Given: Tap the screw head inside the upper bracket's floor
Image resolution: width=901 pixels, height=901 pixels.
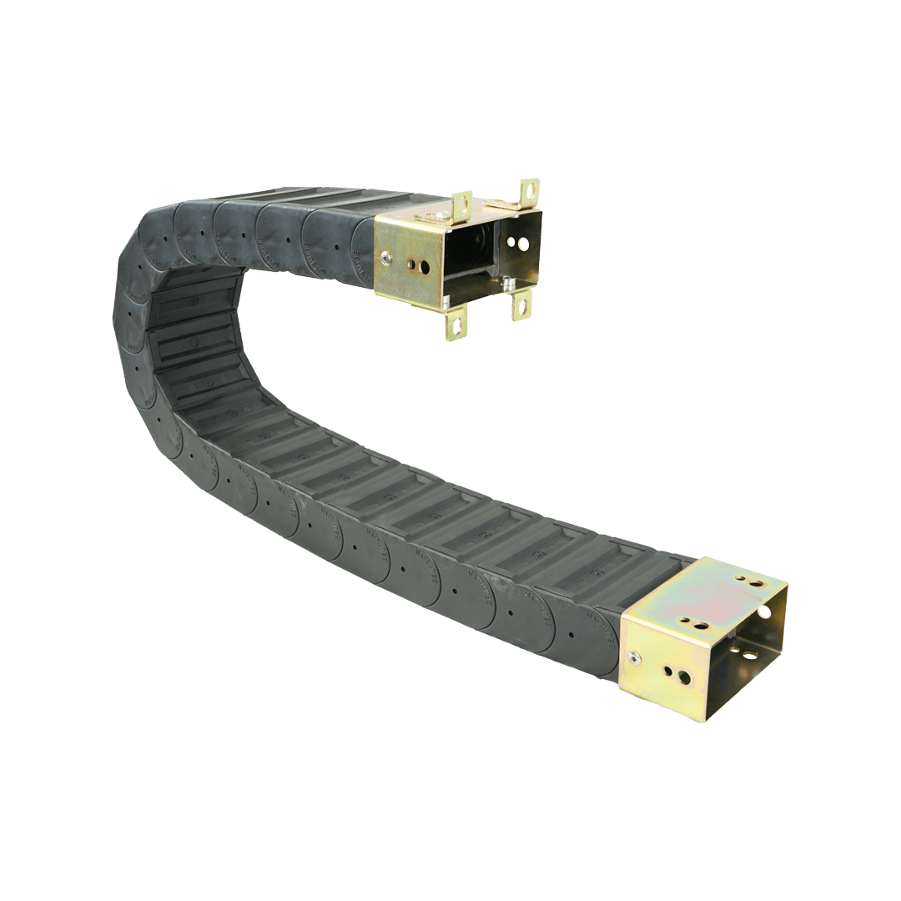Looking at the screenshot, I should pyautogui.click(x=508, y=282).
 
